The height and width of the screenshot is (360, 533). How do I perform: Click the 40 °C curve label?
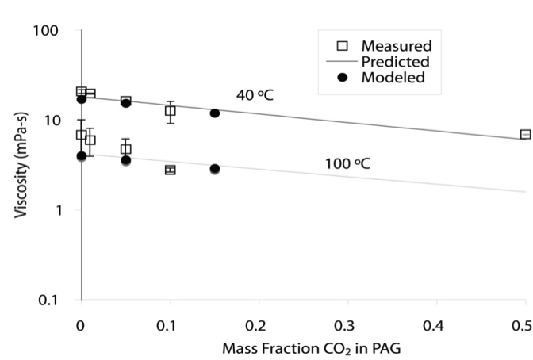coord(255,96)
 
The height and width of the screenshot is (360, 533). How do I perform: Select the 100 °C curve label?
coord(347,164)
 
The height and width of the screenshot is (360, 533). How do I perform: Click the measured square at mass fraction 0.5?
coord(525,135)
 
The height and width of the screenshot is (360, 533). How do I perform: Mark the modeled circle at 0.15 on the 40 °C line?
coord(214,113)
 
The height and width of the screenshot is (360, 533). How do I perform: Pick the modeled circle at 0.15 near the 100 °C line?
coord(214,169)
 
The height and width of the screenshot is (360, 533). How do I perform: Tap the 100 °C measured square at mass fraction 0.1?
coord(170,170)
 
